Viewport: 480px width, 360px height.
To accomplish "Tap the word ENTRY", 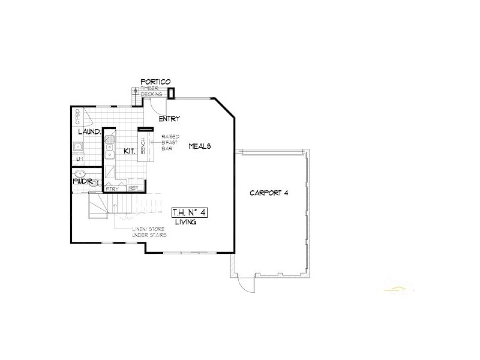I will point(169,119).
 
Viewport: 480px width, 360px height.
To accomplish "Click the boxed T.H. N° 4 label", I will point(190,212).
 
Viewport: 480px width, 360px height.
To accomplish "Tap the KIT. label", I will point(129,151).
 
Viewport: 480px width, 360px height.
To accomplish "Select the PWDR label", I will point(82,180).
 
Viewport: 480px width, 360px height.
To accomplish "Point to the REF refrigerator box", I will point(133,188).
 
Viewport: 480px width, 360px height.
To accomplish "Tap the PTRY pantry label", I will point(112,188).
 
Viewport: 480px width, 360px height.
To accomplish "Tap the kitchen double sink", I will point(109,147).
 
